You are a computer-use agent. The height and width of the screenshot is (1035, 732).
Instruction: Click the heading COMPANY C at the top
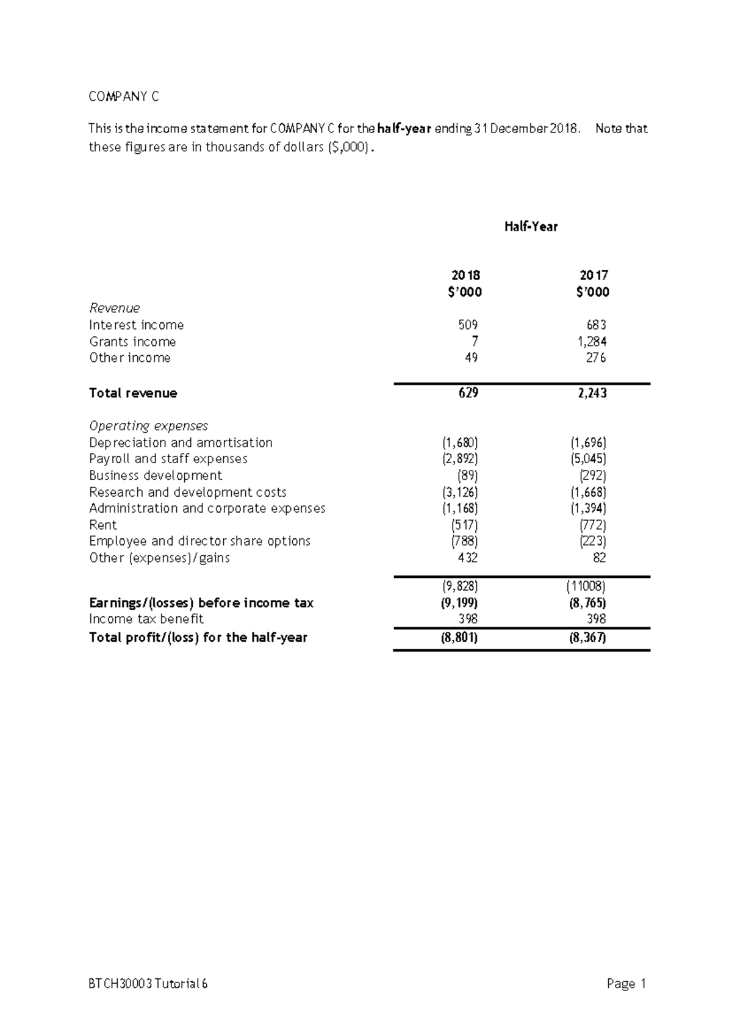(x=124, y=96)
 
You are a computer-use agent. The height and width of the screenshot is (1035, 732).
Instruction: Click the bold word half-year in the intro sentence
(x=404, y=129)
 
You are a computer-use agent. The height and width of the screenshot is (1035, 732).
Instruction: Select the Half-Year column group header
(x=531, y=227)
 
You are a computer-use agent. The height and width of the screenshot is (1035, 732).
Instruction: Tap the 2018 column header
(x=465, y=275)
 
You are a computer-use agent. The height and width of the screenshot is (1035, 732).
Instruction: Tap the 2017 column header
(x=594, y=275)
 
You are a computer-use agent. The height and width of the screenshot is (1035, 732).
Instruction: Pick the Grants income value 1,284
(x=592, y=342)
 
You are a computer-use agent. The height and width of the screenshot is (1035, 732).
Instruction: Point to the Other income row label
(x=130, y=358)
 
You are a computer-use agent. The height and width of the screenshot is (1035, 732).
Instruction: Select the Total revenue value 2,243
(x=592, y=394)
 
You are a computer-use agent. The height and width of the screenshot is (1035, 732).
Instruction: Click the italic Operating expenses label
(x=148, y=426)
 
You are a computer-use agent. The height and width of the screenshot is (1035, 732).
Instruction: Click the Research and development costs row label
(x=187, y=492)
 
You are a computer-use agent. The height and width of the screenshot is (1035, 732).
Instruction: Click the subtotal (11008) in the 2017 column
(x=586, y=587)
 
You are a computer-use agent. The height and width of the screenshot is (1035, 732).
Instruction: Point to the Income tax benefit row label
(x=146, y=619)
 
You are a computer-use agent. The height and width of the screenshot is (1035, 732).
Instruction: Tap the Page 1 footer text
(x=626, y=984)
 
